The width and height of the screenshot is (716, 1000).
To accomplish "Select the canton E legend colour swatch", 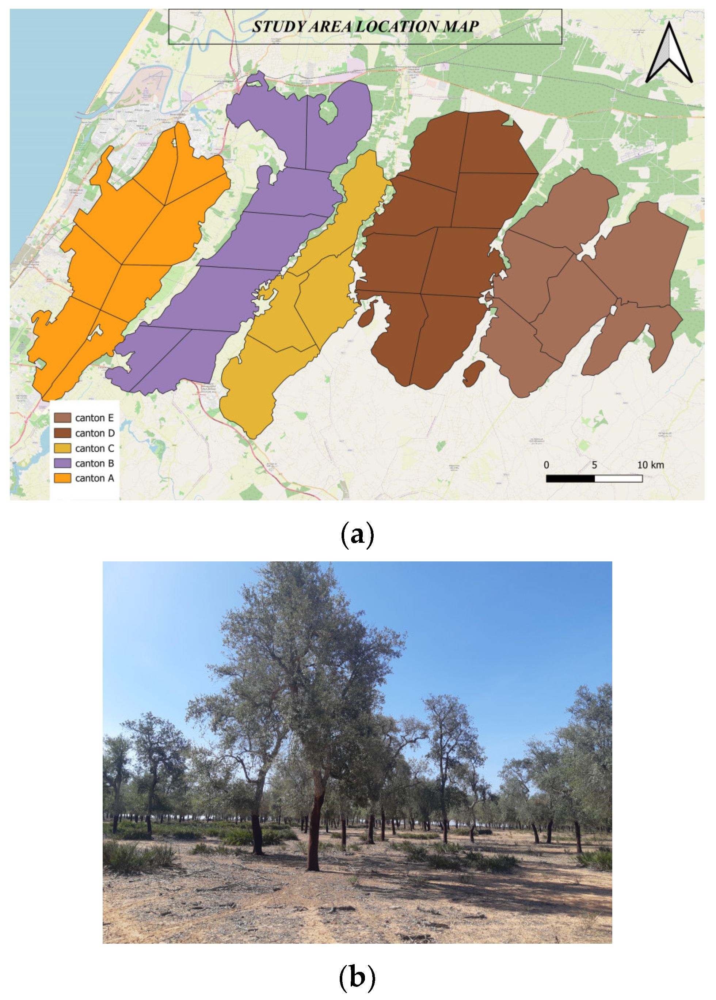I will (x=62, y=417).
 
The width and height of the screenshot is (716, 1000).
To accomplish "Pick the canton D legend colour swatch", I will (x=62, y=433).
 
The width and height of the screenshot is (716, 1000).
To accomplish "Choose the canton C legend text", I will (x=94, y=448).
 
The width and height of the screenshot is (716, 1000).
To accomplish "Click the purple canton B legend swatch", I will (x=62, y=463).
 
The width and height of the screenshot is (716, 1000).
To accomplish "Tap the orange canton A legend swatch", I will (x=62, y=478).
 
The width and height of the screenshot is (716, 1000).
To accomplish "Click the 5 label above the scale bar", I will (x=594, y=465).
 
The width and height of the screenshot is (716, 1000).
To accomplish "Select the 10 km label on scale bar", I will (x=650, y=465).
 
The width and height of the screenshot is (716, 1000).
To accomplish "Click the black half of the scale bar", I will (x=570, y=478).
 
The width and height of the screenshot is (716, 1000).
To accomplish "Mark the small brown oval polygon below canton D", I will (x=474, y=373).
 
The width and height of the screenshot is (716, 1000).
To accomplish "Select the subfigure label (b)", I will (x=357, y=976).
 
